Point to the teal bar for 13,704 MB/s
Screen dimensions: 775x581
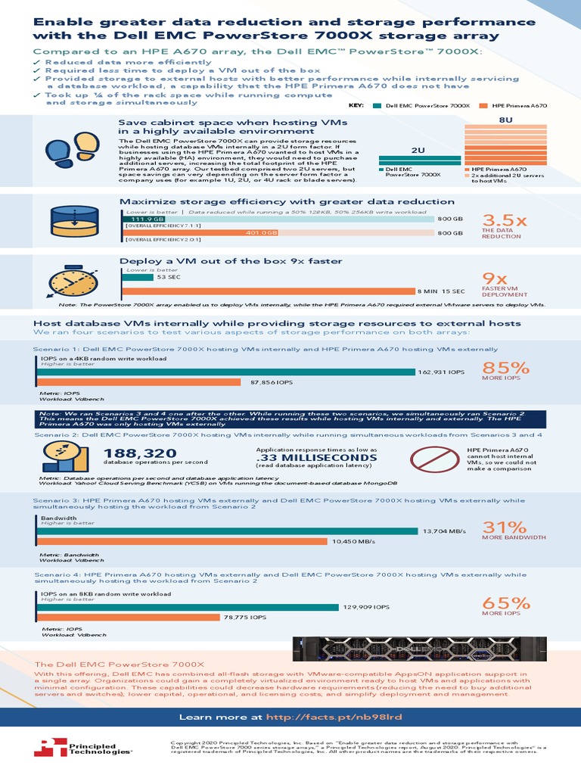[227, 531]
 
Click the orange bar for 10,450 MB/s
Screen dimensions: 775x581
[182, 541]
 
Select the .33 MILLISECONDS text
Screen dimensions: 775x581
[316, 458]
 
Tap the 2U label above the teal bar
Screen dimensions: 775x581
[418, 150]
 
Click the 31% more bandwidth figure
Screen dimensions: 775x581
[505, 527]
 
